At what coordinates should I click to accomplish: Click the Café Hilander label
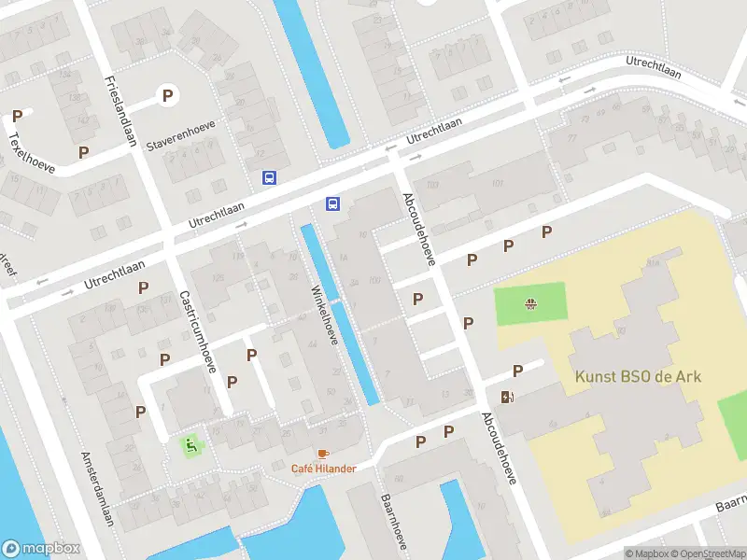323,469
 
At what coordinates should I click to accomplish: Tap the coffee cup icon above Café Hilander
323,454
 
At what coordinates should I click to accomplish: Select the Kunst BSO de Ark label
638,377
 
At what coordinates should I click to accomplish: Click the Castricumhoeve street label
197,331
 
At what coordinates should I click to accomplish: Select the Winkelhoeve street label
323,312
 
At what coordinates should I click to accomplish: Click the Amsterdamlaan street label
96,489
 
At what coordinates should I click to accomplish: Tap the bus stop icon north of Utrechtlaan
269,177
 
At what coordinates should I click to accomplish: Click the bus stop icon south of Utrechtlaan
331,203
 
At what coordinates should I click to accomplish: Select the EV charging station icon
507,397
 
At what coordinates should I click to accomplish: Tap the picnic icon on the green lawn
530,302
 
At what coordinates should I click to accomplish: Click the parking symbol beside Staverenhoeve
167,94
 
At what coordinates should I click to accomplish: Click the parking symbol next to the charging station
517,371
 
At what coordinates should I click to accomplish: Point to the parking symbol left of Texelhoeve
17,116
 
